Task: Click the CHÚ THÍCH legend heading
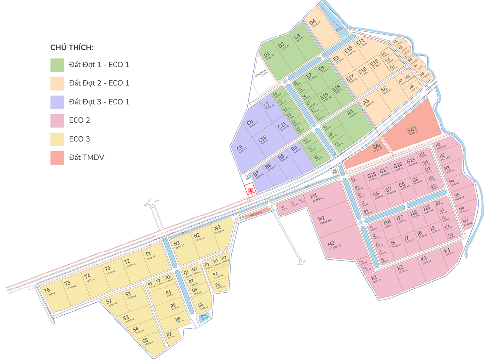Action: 72,47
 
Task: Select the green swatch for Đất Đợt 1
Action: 57,65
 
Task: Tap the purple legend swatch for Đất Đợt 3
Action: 57,102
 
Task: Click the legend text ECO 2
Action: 79,120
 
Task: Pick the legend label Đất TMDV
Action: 86,158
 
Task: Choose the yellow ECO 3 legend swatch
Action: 57,139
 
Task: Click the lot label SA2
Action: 412,130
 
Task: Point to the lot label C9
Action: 240,148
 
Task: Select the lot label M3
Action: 331,243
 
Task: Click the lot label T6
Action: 47,290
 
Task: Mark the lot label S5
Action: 145,340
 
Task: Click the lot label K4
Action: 447,251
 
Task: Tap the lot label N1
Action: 176,243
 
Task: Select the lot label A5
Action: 366,102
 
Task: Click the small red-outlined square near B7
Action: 251,190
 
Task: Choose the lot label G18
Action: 372,175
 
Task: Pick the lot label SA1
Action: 377,146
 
